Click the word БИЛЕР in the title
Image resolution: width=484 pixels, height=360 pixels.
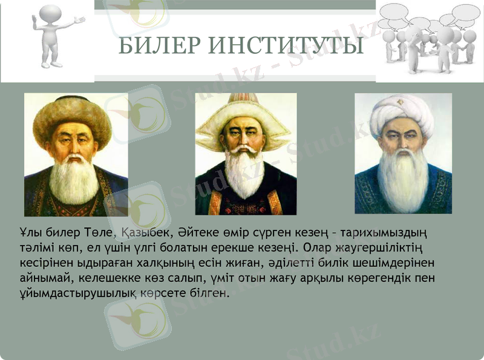click(x=159, y=46)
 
